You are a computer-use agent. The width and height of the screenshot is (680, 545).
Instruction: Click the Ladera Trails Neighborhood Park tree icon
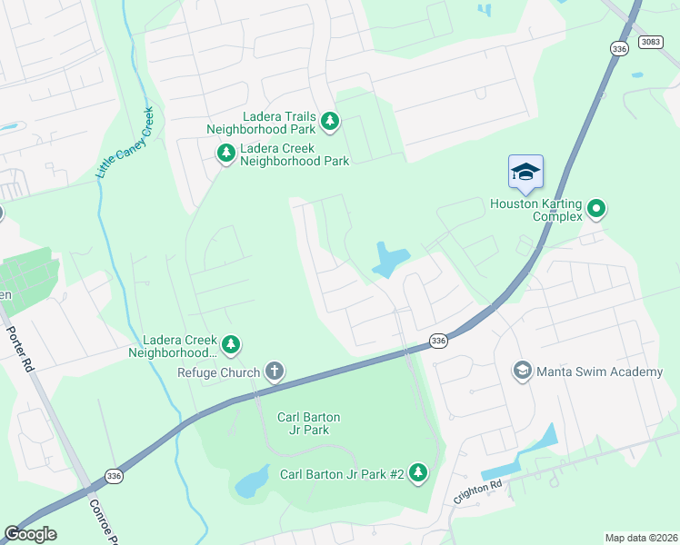(x=330, y=121)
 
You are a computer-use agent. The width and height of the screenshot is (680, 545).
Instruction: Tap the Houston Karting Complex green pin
(x=596, y=209)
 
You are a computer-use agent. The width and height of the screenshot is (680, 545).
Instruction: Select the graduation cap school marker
(x=525, y=172)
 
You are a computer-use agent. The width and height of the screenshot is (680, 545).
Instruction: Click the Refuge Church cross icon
(x=274, y=371)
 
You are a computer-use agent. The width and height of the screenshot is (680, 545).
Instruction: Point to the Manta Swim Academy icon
(x=523, y=371)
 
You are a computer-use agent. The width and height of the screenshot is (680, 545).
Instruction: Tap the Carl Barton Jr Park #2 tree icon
(x=418, y=472)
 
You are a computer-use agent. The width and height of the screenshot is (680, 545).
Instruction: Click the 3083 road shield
(x=650, y=42)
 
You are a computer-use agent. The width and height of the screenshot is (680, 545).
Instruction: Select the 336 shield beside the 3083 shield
(x=619, y=51)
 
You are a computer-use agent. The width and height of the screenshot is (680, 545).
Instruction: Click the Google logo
(x=30, y=534)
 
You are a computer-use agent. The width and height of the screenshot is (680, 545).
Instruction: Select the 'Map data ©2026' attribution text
(x=641, y=538)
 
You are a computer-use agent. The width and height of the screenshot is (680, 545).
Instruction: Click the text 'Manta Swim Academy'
(x=599, y=372)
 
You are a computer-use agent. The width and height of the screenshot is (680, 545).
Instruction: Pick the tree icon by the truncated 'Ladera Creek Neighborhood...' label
(x=231, y=344)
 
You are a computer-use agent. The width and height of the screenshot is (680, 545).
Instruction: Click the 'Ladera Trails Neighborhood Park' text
(x=277, y=123)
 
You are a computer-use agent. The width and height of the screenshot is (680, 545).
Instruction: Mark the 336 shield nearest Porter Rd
(x=112, y=475)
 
